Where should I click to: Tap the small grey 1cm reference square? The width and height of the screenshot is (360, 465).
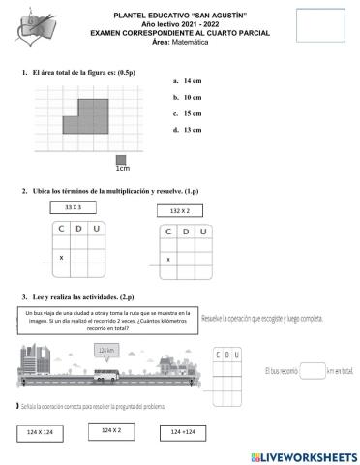121,160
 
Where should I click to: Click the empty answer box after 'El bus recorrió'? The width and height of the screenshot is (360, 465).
312,368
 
